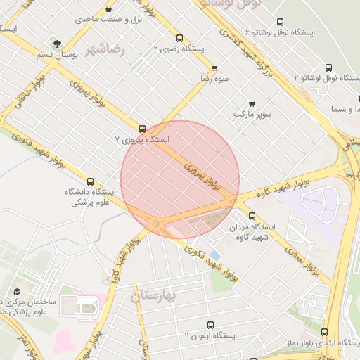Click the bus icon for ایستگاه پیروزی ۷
click(143, 129)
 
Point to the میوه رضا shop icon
click(214, 68)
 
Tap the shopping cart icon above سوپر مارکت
click(252, 103)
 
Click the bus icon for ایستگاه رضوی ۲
click(179, 39)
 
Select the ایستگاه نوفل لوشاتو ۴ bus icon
click(281, 22)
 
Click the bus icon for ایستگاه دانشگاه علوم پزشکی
click(90, 181)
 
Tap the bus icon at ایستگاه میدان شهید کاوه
click(252, 216)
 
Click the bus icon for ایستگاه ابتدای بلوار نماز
click(325, 332)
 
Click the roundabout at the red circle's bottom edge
click(155, 224)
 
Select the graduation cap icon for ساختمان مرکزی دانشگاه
click(17, 292)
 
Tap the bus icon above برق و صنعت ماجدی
click(108, 8)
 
